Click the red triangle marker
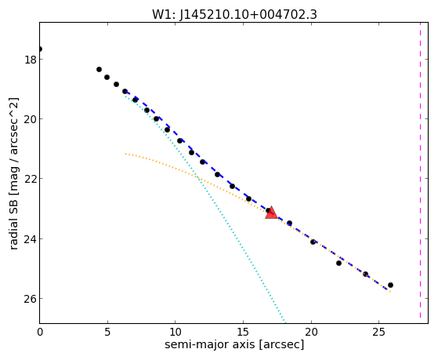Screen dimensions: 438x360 [271, 213]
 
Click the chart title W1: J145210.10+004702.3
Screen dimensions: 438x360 [234, 14]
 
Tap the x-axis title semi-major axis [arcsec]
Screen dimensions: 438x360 [234, 344]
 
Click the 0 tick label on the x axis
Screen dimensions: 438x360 [40, 332]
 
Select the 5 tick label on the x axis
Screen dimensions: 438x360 [107, 332]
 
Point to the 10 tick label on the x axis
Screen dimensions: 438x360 [176, 332]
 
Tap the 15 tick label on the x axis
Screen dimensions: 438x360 [243, 332]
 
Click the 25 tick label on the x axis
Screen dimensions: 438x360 [378, 332]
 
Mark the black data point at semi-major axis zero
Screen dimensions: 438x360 [40, 49]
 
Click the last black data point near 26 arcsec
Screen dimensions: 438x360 [390, 285]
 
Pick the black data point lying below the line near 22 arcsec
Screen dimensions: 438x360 [338, 263]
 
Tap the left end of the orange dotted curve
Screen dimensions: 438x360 [126, 154]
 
